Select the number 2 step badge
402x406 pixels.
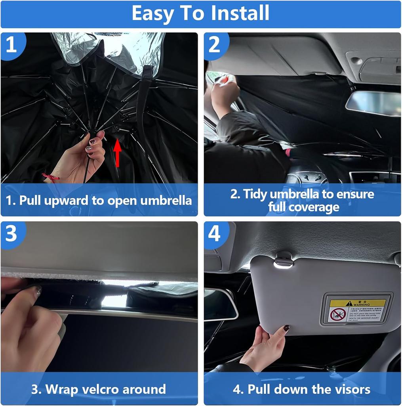coord(215,44)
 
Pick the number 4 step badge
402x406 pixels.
coord(215,234)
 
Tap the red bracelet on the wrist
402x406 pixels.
coord(51,177)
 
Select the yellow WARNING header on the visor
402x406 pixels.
coord(358,303)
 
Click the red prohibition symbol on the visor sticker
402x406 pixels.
coord(338,315)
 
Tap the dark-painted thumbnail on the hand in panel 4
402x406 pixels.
coord(286,328)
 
